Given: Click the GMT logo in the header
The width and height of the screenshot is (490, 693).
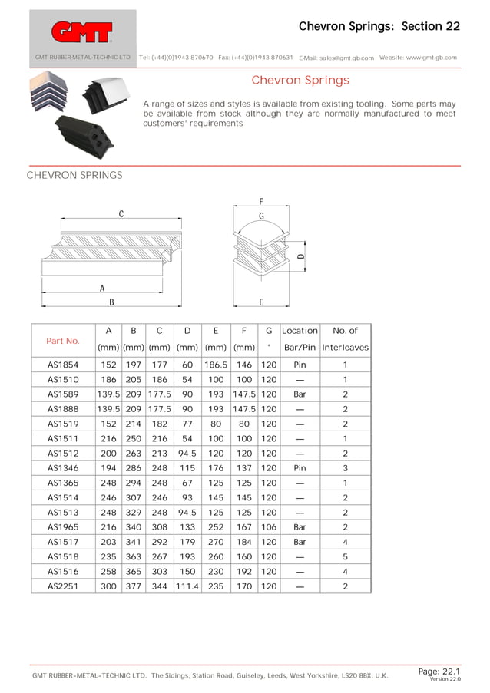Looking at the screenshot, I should point(81,31).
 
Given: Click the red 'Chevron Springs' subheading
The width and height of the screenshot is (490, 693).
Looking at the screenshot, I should point(300,81).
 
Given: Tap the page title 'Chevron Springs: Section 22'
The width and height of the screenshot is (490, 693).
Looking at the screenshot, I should point(379,26).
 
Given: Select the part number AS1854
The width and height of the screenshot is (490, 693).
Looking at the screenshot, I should point(63,365).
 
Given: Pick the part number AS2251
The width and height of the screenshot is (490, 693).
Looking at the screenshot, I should point(63,586).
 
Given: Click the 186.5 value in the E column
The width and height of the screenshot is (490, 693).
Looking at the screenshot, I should point(216,365).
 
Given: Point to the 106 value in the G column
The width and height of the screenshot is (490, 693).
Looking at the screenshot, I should point(268,527).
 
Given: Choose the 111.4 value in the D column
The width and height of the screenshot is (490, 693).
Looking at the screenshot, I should point(187,586).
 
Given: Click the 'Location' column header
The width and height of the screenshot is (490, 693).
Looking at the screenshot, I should point(300,331).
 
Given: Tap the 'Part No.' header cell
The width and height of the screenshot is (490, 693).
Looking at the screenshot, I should point(63,340).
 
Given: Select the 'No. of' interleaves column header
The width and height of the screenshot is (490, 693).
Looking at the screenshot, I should point(345,331).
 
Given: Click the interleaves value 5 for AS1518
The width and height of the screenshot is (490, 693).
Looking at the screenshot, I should point(345,556).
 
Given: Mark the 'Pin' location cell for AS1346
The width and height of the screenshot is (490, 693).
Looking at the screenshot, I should point(300,468).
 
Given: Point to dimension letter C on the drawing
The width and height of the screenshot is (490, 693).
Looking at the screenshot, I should point(121,214).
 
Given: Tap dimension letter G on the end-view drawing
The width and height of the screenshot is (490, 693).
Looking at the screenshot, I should point(261,216).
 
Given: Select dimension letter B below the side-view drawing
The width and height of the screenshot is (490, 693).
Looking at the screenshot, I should point(111,302).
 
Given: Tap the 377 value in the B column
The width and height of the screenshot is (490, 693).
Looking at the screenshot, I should point(134,586).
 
